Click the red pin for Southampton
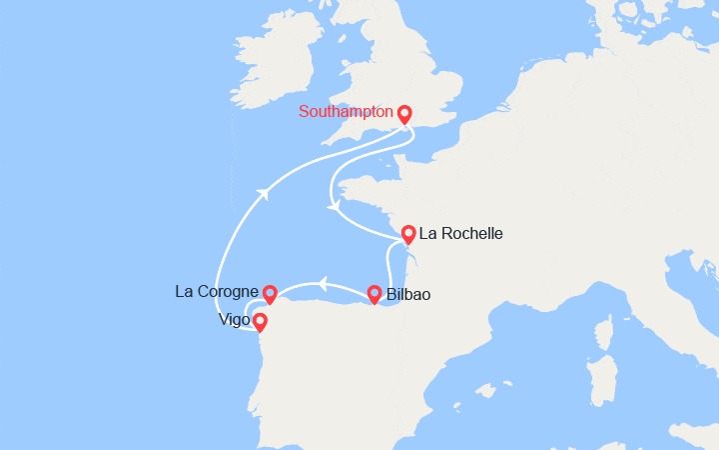pos(404,113)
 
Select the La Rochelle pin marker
pos(408,235)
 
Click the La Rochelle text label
pos(461,234)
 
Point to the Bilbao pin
pos(374,294)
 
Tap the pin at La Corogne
pos(269,292)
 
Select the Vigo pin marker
pos(261,321)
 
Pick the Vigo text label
pos(234,321)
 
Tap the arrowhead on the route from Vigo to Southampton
pos(264,193)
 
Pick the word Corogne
pos(227,292)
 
